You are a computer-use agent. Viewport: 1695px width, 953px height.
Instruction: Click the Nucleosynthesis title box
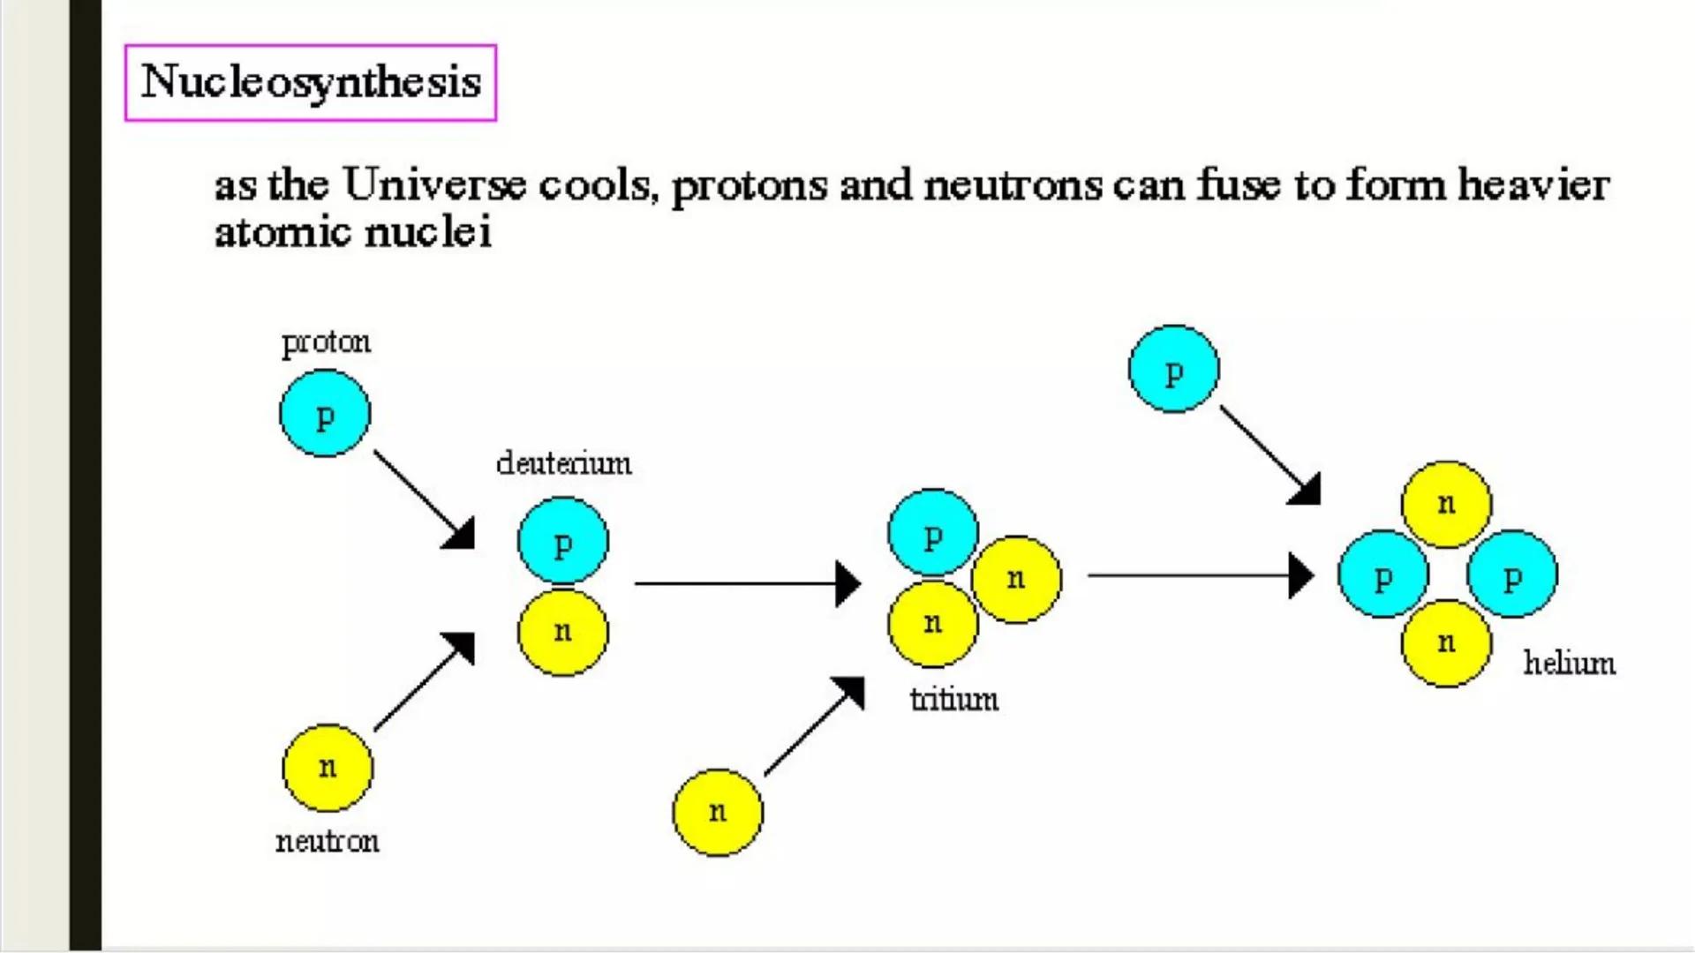click(311, 82)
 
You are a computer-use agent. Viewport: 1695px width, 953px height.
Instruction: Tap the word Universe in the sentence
click(434, 185)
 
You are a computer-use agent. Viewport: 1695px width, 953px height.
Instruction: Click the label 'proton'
click(326, 342)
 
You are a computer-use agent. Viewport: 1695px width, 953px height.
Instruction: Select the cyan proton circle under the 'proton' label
click(325, 414)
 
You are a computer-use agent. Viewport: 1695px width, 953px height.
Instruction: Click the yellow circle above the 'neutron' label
click(328, 768)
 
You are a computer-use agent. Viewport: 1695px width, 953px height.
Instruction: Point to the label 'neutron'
click(328, 842)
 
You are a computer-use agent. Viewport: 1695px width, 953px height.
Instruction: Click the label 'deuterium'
click(563, 463)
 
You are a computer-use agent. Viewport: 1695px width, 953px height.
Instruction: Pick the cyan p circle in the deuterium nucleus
click(563, 542)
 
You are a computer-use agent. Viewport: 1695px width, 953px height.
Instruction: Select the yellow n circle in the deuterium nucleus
click(563, 632)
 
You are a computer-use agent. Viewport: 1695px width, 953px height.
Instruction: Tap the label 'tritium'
click(954, 700)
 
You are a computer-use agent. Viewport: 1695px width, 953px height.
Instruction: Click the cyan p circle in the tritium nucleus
click(933, 533)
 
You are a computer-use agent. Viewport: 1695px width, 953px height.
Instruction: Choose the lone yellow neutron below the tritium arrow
click(718, 812)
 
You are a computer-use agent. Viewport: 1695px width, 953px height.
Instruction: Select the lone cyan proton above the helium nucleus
click(1173, 370)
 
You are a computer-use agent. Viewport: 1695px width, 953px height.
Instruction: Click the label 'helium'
click(1569, 664)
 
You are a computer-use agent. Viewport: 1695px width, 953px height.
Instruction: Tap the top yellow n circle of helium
click(1446, 504)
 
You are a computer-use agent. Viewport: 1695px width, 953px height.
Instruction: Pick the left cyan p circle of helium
click(1383, 574)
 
